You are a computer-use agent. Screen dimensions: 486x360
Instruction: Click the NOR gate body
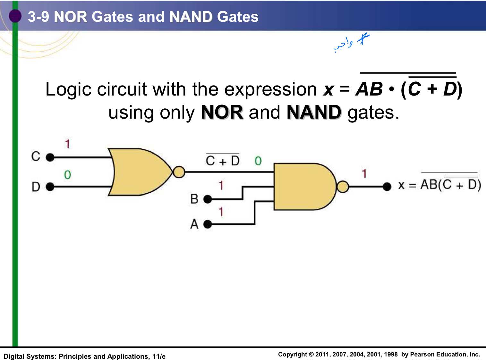click(140, 172)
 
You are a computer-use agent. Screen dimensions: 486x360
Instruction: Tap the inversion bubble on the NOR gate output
click(179, 172)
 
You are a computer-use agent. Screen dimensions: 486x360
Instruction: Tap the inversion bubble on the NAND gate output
click(343, 187)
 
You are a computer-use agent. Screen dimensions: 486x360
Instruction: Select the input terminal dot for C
click(50, 157)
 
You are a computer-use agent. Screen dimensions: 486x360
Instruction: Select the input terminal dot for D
click(50, 187)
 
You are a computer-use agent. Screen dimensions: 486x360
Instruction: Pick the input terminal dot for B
click(208, 199)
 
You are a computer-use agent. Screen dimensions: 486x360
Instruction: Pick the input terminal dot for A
click(208, 224)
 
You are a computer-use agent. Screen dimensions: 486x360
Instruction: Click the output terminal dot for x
click(387, 187)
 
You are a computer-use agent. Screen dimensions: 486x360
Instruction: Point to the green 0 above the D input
click(67, 175)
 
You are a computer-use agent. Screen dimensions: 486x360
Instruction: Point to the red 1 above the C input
click(67, 144)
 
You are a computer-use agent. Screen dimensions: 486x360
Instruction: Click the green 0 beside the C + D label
click(258, 161)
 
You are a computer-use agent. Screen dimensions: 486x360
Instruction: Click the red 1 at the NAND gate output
click(364, 174)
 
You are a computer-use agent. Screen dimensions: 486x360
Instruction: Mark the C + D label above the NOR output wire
click(223, 160)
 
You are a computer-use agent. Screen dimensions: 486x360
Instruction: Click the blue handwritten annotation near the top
click(351, 42)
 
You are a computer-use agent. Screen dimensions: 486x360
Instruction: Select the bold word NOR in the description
click(222, 113)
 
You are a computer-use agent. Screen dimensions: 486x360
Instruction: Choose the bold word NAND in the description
click(314, 113)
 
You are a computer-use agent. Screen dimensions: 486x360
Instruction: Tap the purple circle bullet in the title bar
click(15, 16)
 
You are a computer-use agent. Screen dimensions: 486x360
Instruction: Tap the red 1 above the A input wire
click(221, 212)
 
